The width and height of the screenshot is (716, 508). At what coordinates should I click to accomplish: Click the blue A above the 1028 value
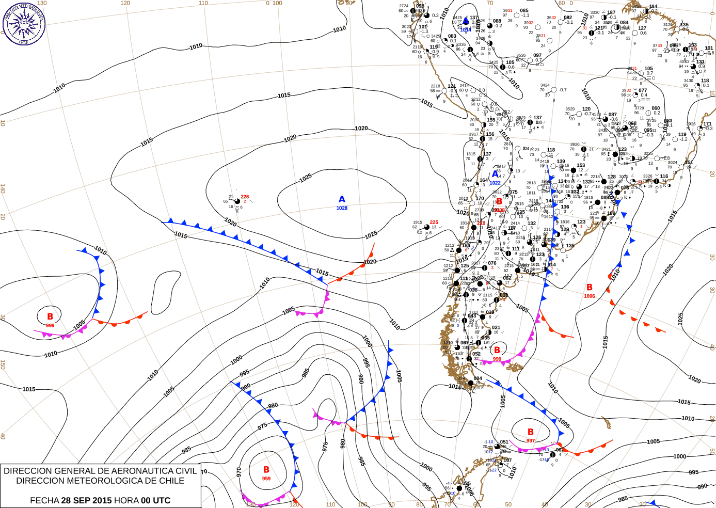tap(342, 199)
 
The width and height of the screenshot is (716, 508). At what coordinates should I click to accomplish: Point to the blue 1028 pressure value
tap(342, 208)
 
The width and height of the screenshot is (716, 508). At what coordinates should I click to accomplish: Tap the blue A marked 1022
tap(496, 174)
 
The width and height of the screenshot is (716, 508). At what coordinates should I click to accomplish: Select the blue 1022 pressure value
tap(495, 183)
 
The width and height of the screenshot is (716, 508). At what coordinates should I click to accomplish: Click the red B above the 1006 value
tap(590, 288)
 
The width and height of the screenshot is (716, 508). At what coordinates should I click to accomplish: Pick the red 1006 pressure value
tap(590, 296)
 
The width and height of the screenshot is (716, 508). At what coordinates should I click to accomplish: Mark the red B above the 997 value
tap(531, 432)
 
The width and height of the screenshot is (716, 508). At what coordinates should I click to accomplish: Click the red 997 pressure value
tap(531, 441)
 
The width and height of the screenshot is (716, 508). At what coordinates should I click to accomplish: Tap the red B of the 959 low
tap(266, 470)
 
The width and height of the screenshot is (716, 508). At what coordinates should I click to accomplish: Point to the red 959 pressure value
tap(266, 479)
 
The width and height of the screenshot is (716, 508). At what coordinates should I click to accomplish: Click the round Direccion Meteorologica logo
tap(24, 23)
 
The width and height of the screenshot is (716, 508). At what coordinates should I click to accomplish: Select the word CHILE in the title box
tap(168, 481)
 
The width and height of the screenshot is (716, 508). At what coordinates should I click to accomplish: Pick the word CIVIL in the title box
tap(186, 471)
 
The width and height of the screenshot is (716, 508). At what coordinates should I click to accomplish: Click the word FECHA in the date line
tap(44, 500)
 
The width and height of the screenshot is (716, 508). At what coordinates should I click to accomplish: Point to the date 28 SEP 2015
tap(86, 500)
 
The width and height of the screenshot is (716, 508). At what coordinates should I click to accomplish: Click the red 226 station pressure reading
tap(245, 197)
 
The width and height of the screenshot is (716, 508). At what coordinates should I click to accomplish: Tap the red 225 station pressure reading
tap(434, 223)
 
